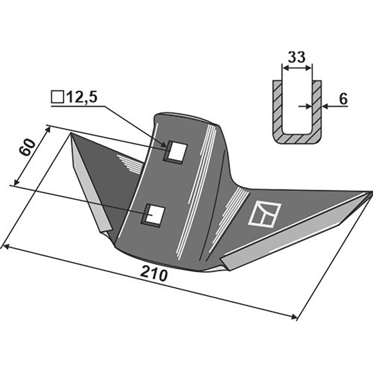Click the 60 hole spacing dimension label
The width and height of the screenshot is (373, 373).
27,147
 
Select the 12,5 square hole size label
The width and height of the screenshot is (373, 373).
82,97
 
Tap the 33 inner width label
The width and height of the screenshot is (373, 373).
297,57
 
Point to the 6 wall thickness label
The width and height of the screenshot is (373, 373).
343,99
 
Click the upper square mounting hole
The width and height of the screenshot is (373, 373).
176,152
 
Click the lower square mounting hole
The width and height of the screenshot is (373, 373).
153,215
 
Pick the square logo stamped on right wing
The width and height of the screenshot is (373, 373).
264,214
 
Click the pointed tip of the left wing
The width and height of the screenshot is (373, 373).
71,133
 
